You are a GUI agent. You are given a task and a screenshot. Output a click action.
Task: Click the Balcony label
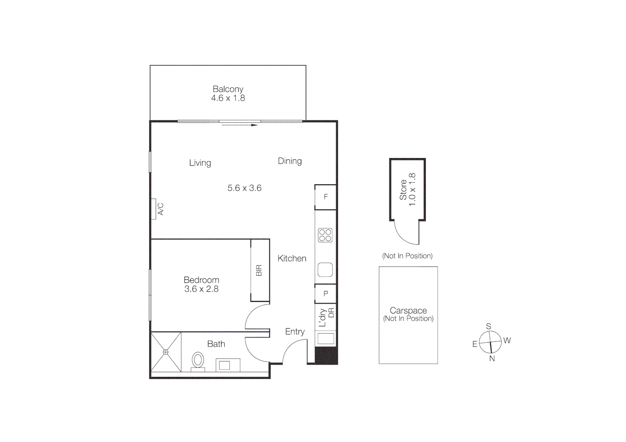228,89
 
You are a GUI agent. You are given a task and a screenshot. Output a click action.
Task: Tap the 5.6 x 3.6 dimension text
244,188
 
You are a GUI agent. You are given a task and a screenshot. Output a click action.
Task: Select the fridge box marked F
325,197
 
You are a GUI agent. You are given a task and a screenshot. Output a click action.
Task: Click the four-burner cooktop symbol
325,235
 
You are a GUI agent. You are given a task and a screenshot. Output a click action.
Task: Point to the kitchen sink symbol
325,270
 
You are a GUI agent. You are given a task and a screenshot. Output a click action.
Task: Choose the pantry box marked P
325,293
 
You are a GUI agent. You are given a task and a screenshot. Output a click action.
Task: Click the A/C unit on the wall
154,209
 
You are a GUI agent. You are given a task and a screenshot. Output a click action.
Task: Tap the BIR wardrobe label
259,271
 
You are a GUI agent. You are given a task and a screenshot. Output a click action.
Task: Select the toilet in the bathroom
198,361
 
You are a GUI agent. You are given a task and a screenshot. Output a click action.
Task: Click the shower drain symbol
166,352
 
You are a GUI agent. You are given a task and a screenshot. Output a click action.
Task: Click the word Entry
295,331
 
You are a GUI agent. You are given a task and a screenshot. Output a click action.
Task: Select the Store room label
403,189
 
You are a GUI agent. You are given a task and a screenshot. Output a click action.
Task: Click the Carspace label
408,311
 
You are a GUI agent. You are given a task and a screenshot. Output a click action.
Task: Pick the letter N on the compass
492,359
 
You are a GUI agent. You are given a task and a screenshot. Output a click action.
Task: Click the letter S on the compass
488,327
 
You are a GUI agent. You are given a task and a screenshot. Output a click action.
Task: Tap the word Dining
290,161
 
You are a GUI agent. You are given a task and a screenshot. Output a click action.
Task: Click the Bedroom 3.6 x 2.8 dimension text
201,289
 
